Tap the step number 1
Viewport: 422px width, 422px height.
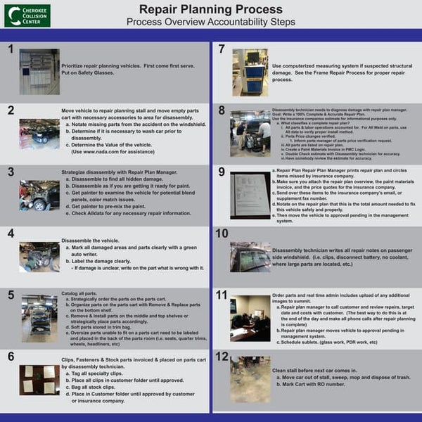click(10, 50)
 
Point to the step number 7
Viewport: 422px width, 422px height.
click(222, 50)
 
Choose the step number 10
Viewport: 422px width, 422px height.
click(222, 234)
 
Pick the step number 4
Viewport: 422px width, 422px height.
click(10, 233)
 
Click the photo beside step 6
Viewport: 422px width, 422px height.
click(39, 380)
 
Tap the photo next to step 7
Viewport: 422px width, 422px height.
click(250, 72)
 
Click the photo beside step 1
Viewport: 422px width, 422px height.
click(39, 72)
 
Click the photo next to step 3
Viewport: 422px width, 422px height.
click(39, 195)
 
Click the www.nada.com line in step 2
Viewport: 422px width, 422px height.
click(112, 151)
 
